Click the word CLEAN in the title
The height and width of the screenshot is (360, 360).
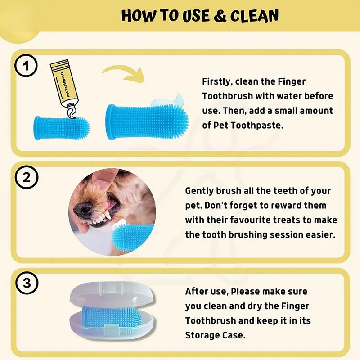coord(254,16)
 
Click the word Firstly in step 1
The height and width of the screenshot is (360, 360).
coord(217,81)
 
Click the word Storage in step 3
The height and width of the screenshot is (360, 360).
coord(202,335)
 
